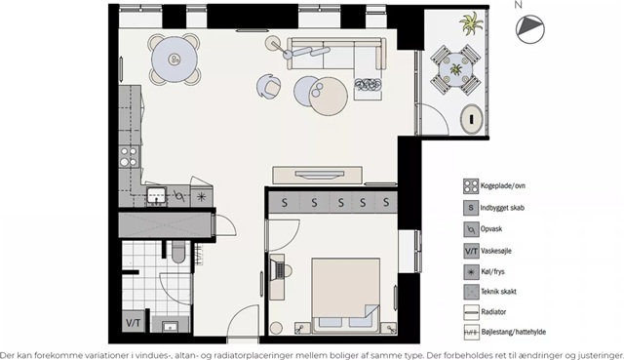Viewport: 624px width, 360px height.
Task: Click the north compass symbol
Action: (x=530, y=29)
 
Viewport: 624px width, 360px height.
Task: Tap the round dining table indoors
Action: (x=175, y=60)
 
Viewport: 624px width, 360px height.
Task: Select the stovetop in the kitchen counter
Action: (x=129, y=156)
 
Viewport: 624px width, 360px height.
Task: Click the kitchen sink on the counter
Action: (x=156, y=195)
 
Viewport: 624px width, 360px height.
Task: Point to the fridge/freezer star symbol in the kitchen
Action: (x=202, y=196)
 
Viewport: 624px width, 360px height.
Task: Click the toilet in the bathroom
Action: (x=178, y=252)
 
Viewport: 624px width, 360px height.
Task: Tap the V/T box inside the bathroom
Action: (x=134, y=322)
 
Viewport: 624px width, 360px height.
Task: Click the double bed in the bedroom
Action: (x=345, y=296)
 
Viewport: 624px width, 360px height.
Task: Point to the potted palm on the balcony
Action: (x=472, y=22)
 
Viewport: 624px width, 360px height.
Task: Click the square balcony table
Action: (x=455, y=69)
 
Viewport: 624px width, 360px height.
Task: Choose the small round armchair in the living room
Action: (x=268, y=86)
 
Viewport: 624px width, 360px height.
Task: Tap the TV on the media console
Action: (x=319, y=175)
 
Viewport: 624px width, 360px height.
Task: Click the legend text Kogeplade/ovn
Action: (x=503, y=185)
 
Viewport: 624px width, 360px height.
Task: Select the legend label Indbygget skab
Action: (x=502, y=208)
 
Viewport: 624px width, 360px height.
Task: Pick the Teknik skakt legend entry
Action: (x=498, y=291)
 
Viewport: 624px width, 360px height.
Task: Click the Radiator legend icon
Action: (x=471, y=312)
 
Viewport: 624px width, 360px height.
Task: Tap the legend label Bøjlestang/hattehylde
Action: (x=514, y=332)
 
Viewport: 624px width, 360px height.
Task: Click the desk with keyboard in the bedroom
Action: (x=277, y=277)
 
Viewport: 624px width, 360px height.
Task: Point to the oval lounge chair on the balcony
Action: (x=472, y=119)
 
